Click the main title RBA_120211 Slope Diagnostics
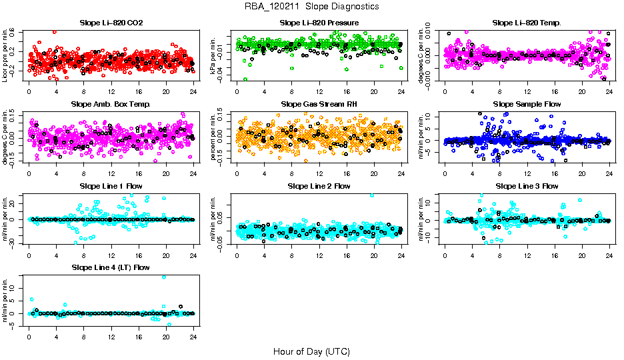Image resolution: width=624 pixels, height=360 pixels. [312, 7]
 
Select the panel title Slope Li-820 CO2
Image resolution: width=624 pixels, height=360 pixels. [111, 23]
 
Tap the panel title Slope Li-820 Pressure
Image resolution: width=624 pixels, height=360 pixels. [319, 23]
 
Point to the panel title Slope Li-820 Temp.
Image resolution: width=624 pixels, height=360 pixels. [527, 23]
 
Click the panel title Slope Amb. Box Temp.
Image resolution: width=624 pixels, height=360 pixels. [111, 105]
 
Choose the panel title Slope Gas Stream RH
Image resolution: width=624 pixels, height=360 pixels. [319, 105]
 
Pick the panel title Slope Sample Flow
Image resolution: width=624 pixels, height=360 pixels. [527, 105]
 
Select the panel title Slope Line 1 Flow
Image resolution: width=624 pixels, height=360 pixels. [111, 186]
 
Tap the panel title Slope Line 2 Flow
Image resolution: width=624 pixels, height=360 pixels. [319, 186]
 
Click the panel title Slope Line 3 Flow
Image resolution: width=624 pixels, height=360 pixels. [527, 186]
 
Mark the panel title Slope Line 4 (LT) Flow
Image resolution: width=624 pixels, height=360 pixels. [111, 268]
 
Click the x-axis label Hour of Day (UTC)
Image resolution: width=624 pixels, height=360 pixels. [312, 351]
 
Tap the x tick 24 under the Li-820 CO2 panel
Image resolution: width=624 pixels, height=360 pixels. [193, 92]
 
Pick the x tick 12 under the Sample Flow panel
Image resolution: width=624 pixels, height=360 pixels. [527, 174]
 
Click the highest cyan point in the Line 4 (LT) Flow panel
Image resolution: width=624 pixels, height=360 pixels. [164, 277]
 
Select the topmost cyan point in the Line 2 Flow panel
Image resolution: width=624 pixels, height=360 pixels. [372, 195]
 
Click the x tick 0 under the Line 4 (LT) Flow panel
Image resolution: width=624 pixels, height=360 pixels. [29, 337]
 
